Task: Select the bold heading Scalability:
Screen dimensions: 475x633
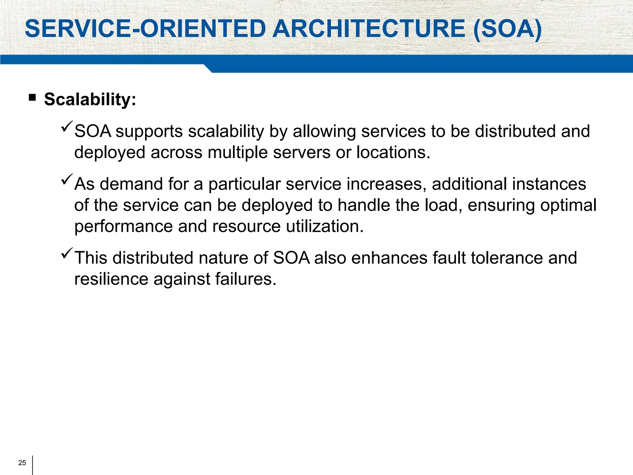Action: point(90,99)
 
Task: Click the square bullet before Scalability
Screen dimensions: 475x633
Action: point(32,98)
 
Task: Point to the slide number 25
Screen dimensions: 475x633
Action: point(22,463)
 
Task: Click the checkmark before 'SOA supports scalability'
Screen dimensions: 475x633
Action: point(67,127)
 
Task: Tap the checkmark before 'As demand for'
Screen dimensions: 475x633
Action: point(67,179)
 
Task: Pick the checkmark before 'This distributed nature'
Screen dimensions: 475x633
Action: point(67,253)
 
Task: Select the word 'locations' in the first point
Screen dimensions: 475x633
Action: point(393,152)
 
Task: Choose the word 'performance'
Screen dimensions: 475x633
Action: point(123,227)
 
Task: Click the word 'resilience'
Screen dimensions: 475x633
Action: point(111,279)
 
